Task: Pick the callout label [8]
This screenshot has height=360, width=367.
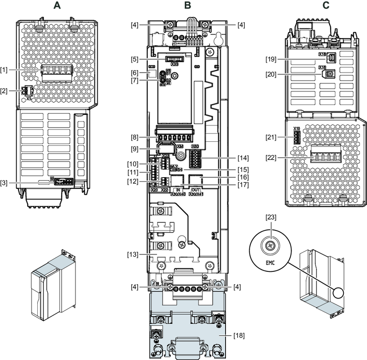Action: pos(135,138)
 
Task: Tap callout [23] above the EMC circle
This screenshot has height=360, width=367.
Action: pos(271,218)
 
